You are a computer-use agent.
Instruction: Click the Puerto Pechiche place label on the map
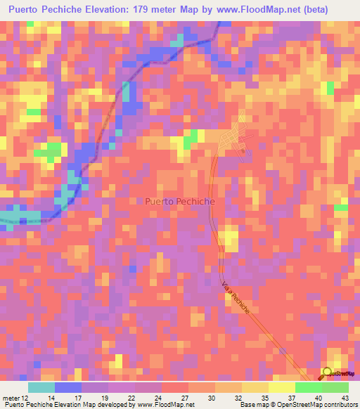click(181, 201)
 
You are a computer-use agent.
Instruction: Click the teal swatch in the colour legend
click(41, 387)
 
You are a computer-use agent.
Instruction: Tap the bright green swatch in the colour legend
click(308, 387)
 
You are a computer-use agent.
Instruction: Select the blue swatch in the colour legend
click(68, 387)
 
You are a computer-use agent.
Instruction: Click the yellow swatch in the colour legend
click(281, 387)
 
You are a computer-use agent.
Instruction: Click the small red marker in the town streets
click(242, 150)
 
